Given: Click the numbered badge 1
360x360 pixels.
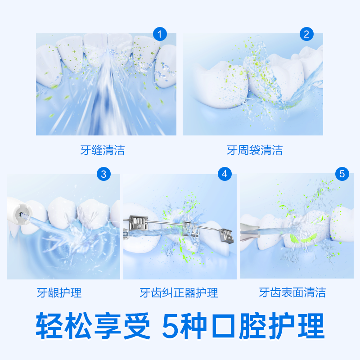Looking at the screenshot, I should tap(160, 34).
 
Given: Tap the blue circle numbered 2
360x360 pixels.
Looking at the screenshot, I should tap(306, 34).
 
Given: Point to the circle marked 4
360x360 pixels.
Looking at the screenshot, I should tap(225, 174).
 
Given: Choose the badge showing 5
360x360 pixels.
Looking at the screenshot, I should tap(342, 174).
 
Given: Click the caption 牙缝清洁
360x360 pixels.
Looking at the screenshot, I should tap(103, 150).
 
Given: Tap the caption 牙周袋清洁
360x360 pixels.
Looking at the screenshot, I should tap(255, 150).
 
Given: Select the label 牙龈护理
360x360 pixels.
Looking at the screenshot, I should tap(59, 293).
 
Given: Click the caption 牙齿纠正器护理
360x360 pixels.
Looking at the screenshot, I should tap(179, 293).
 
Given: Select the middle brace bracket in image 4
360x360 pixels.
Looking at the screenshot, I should tap(191, 229).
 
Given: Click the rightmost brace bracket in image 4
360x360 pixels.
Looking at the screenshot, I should tap(227, 235).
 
